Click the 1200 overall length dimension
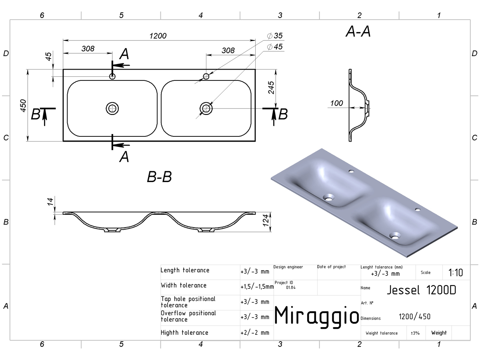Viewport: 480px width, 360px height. pyautogui.click(x=158, y=36)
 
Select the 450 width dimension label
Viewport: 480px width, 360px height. pyautogui.click(x=23, y=106)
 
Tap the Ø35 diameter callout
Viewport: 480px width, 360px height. pyautogui.click(x=275, y=36)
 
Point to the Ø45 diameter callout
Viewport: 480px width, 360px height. pyautogui.click(x=275, y=46)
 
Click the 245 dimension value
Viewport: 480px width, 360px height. pyautogui.click(x=271, y=88)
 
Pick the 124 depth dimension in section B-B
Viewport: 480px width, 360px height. pyautogui.click(x=266, y=220)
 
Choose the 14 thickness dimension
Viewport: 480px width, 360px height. pyautogui.click(x=50, y=202)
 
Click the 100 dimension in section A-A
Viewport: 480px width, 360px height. pyautogui.click(x=336, y=103)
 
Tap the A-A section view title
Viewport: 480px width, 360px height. pyautogui.click(x=358, y=32)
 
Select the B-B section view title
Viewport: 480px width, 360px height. pyautogui.click(x=160, y=177)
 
